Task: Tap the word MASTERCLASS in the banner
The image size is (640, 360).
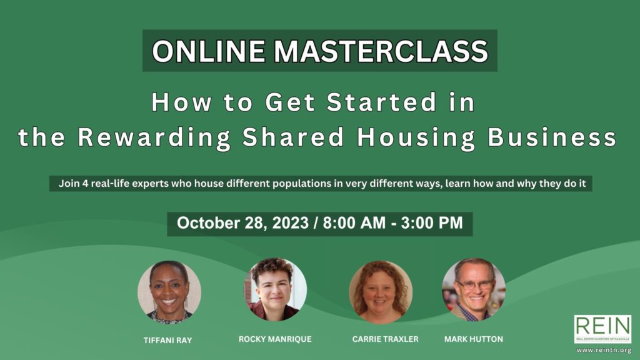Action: point(381,51)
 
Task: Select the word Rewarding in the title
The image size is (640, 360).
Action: point(155,137)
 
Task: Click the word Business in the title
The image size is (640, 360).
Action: point(552,137)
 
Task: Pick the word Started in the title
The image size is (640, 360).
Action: point(382,102)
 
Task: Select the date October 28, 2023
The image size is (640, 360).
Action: point(242,223)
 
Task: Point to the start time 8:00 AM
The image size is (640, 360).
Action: point(354,223)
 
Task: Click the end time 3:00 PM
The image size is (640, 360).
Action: point(432,223)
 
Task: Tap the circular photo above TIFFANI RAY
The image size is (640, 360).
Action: point(169,292)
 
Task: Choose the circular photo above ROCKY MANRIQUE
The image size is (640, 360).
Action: point(275,289)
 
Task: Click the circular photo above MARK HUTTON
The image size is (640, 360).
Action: point(474,289)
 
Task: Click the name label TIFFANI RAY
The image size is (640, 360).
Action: point(167,341)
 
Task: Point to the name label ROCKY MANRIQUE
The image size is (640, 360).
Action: point(275,339)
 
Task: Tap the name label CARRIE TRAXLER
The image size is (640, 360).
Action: point(385,339)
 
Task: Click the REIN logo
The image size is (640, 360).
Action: point(603,329)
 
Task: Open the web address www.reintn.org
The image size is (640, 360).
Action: point(604,350)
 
